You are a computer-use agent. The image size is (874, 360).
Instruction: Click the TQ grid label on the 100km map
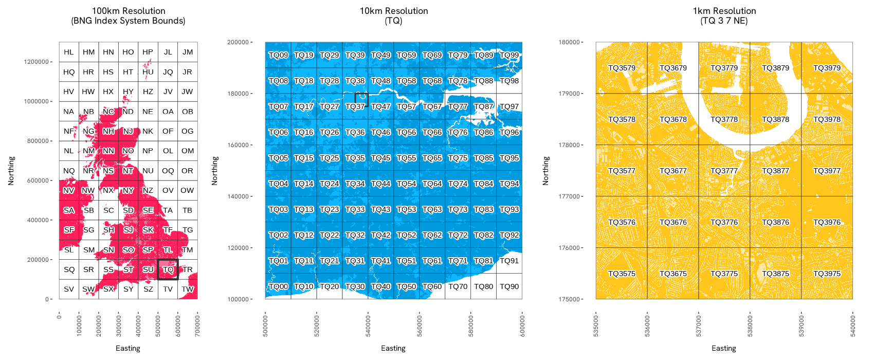pyautogui.click(x=168, y=269)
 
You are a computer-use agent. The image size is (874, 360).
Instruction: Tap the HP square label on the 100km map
pyautogui.click(x=148, y=52)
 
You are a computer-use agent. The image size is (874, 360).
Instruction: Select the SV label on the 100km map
pyautogui.click(x=69, y=289)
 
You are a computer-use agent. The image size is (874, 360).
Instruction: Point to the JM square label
pyautogui.click(x=188, y=52)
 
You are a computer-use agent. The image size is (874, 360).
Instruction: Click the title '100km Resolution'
pyautogui.click(x=129, y=11)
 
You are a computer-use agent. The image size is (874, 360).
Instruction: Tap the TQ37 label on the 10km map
pyautogui.click(x=355, y=106)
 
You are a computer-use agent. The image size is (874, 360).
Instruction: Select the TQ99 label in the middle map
pyautogui.click(x=509, y=55)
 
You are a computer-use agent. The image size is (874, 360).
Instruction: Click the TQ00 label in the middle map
pyautogui.click(x=278, y=286)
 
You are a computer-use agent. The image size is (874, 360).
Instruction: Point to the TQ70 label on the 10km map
pyautogui.click(x=458, y=286)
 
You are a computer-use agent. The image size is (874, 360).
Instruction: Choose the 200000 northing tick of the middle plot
pyautogui.click(x=238, y=42)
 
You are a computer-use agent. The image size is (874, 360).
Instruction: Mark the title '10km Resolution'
pyautogui.click(x=394, y=11)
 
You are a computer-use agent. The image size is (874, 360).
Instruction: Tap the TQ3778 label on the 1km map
pyautogui.click(x=724, y=119)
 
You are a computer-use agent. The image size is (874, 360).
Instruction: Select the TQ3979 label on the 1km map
pyautogui.click(x=827, y=68)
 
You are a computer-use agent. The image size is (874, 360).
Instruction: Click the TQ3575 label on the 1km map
pyautogui.click(x=622, y=274)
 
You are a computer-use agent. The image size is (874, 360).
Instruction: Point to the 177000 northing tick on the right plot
pyautogui.click(x=569, y=196)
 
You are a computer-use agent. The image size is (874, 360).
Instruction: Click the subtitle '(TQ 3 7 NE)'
pyautogui.click(x=724, y=21)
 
